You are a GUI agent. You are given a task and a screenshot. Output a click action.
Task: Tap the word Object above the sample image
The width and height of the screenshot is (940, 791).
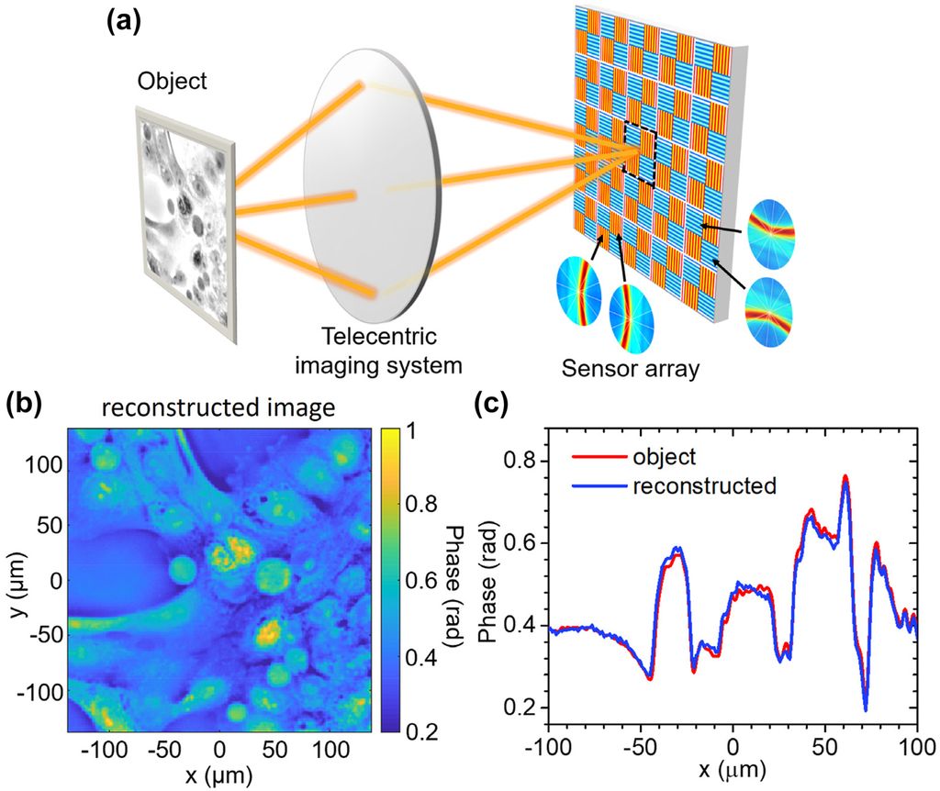[173, 81]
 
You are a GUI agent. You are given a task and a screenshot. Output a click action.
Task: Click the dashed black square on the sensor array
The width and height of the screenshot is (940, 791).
[639, 155]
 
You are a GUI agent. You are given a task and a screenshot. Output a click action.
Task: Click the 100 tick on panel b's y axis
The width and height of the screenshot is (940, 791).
[46, 465]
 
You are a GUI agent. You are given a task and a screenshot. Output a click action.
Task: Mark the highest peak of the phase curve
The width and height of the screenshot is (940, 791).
[845, 477]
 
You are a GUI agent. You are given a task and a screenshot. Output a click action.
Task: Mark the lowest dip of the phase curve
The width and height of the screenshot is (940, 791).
[866, 708]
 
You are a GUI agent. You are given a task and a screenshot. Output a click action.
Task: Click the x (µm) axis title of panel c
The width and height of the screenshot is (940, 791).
[732, 766]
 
